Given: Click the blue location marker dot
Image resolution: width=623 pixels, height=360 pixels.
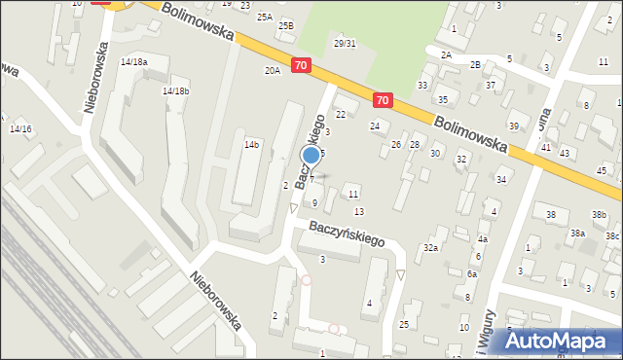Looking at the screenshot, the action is point(311,155).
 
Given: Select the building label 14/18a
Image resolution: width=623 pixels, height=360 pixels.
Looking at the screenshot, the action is point(133,61).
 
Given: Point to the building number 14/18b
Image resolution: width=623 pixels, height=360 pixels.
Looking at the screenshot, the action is point(175,90).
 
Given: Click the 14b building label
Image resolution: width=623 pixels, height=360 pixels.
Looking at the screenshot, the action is point(251,144).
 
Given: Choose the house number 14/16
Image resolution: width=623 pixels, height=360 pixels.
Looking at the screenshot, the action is point(20,128).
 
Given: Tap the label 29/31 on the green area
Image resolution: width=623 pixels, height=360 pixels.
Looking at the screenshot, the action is point(345,43).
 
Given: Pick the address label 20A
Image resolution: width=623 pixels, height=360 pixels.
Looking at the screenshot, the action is point(273,70).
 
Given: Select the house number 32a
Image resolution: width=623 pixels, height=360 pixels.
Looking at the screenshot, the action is point(430,248).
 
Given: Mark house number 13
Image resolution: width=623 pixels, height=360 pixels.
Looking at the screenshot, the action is point(359,211).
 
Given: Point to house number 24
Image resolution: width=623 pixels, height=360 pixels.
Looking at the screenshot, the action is point(375,126).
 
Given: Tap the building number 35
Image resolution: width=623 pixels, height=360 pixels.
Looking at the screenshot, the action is point(442,100).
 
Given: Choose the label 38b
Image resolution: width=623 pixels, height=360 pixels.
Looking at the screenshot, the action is point(599,214).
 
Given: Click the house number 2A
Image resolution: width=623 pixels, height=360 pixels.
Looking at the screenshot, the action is point(446,54).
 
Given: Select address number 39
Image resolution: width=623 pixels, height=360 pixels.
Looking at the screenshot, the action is point(513,126).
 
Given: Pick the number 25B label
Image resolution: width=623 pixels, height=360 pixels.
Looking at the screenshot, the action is point(285,25).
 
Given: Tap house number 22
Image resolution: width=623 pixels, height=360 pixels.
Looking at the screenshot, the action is point(341,115).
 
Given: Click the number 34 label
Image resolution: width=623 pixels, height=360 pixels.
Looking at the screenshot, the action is point(501,179).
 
